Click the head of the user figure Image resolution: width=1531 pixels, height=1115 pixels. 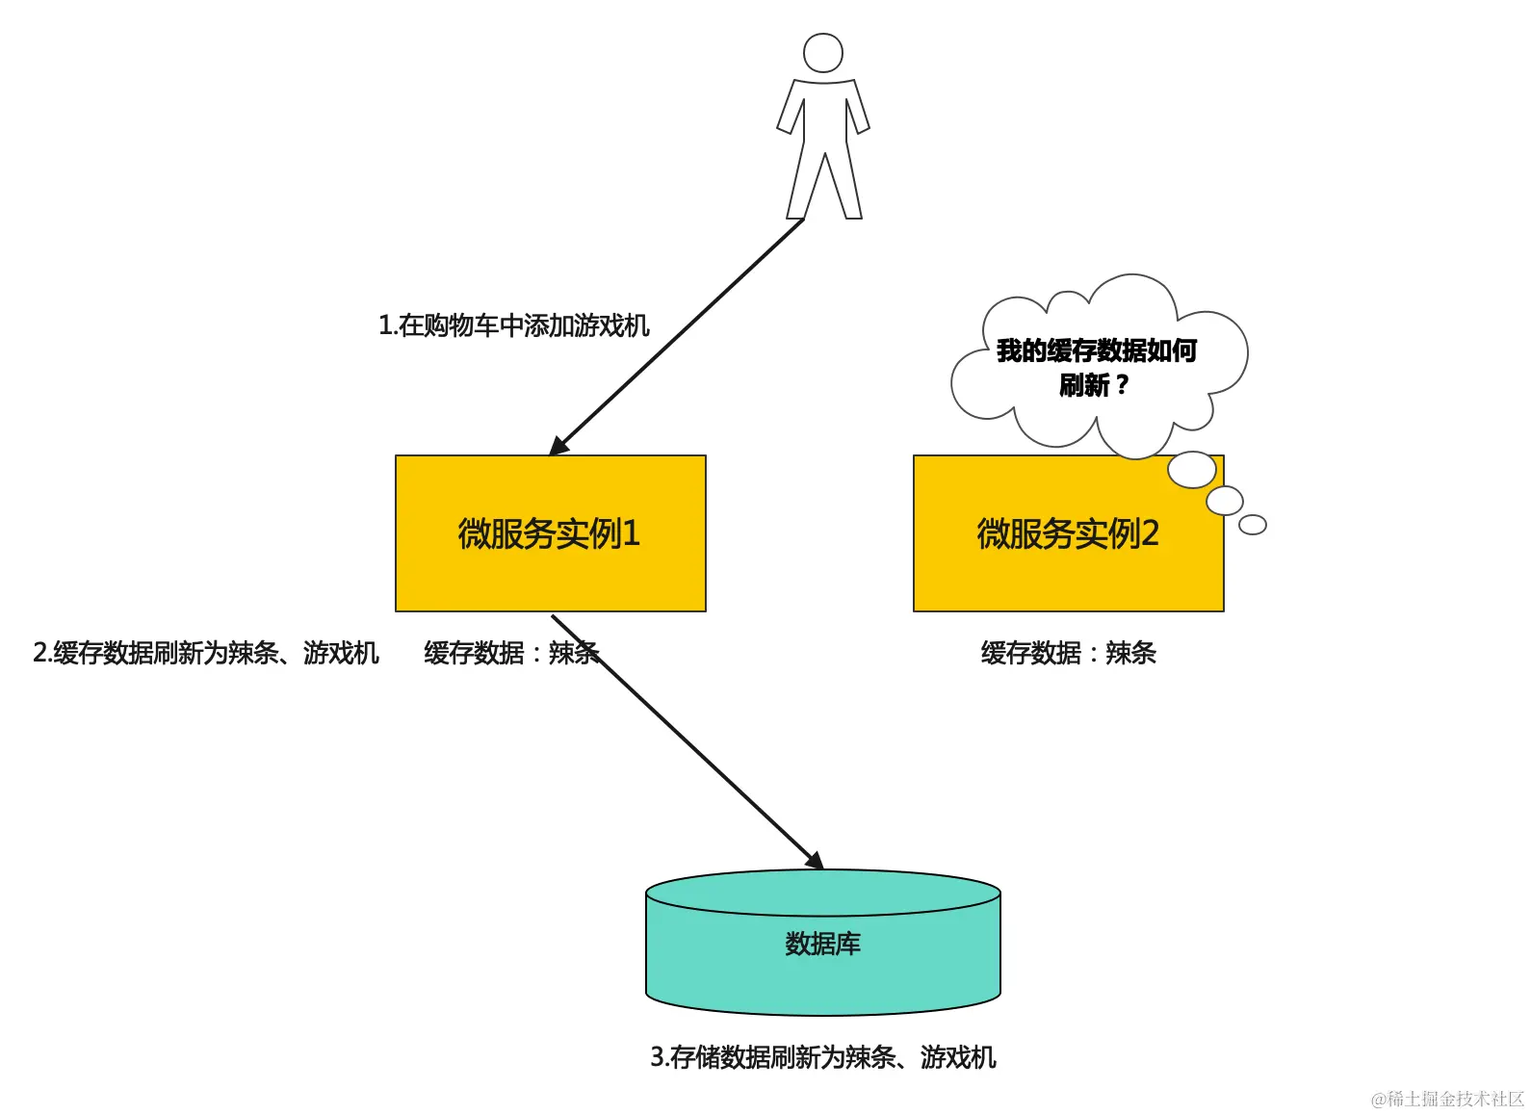(x=823, y=53)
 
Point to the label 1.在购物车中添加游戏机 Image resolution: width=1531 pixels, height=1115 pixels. (x=513, y=325)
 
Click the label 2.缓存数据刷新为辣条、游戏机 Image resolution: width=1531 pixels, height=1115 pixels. (x=206, y=653)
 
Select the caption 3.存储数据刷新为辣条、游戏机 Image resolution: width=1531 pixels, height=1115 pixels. (x=822, y=1057)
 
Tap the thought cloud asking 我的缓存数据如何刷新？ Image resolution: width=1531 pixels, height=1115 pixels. (x=1098, y=366)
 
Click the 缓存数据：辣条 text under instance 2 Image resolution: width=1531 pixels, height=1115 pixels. (x=1068, y=653)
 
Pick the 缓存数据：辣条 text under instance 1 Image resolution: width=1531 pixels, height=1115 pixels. (x=510, y=653)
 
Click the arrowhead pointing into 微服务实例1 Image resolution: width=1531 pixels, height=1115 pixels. (x=558, y=447)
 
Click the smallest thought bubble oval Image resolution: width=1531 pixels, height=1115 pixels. (x=1252, y=525)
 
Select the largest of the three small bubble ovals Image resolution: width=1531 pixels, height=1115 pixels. (x=1191, y=470)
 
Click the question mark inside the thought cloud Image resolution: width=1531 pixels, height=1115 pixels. (x=1121, y=385)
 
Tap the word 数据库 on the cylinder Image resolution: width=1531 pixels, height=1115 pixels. (x=822, y=944)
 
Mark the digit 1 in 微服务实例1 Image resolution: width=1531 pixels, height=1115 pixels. (x=631, y=533)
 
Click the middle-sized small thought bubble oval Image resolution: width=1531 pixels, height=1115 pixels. (x=1224, y=501)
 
